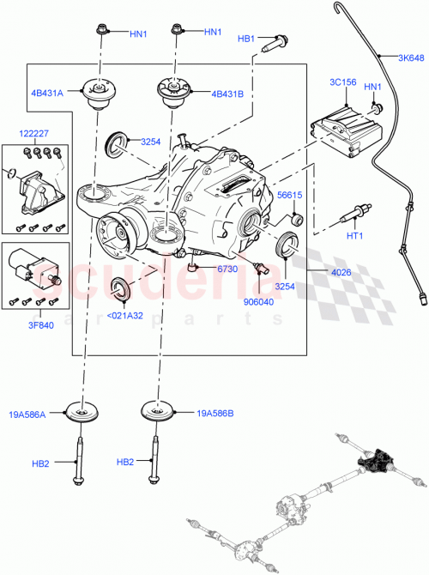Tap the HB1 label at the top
(246, 39)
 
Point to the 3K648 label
(409, 58)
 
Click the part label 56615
(291, 195)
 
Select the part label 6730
(227, 269)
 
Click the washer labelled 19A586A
(85, 412)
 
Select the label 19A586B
(215, 413)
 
